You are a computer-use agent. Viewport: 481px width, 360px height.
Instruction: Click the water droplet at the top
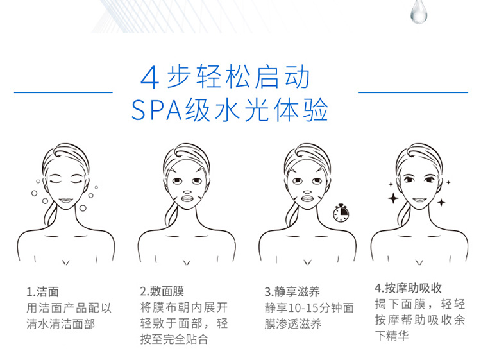(419, 12)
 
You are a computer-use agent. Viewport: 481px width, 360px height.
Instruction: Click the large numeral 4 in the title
(149, 78)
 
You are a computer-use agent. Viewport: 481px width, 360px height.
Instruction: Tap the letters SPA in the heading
(156, 110)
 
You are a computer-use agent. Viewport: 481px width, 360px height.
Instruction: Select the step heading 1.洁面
(42, 292)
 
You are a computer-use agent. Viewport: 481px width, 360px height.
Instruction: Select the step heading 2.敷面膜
(162, 291)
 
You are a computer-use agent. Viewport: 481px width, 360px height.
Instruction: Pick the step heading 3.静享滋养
(292, 291)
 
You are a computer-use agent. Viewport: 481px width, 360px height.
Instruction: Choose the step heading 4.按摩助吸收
(408, 288)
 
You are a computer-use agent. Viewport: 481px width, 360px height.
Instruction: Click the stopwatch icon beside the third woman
(341, 212)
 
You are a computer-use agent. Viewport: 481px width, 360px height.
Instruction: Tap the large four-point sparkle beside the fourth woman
(393, 198)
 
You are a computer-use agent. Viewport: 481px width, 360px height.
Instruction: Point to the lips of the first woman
(66, 201)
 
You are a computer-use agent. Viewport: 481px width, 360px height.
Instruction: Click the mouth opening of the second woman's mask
(187, 198)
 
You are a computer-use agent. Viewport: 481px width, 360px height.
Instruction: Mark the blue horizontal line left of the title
(63, 92)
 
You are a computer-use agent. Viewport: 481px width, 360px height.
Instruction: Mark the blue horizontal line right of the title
(413, 92)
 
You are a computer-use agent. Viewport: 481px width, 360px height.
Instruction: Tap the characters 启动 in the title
(283, 77)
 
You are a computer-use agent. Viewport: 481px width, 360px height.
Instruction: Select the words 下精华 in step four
(392, 336)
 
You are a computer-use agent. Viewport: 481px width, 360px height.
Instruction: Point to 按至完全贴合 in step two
(174, 339)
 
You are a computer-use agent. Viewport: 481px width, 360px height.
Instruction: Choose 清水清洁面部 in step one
(61, 324)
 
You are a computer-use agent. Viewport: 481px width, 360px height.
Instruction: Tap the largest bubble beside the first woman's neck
(83, 208)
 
